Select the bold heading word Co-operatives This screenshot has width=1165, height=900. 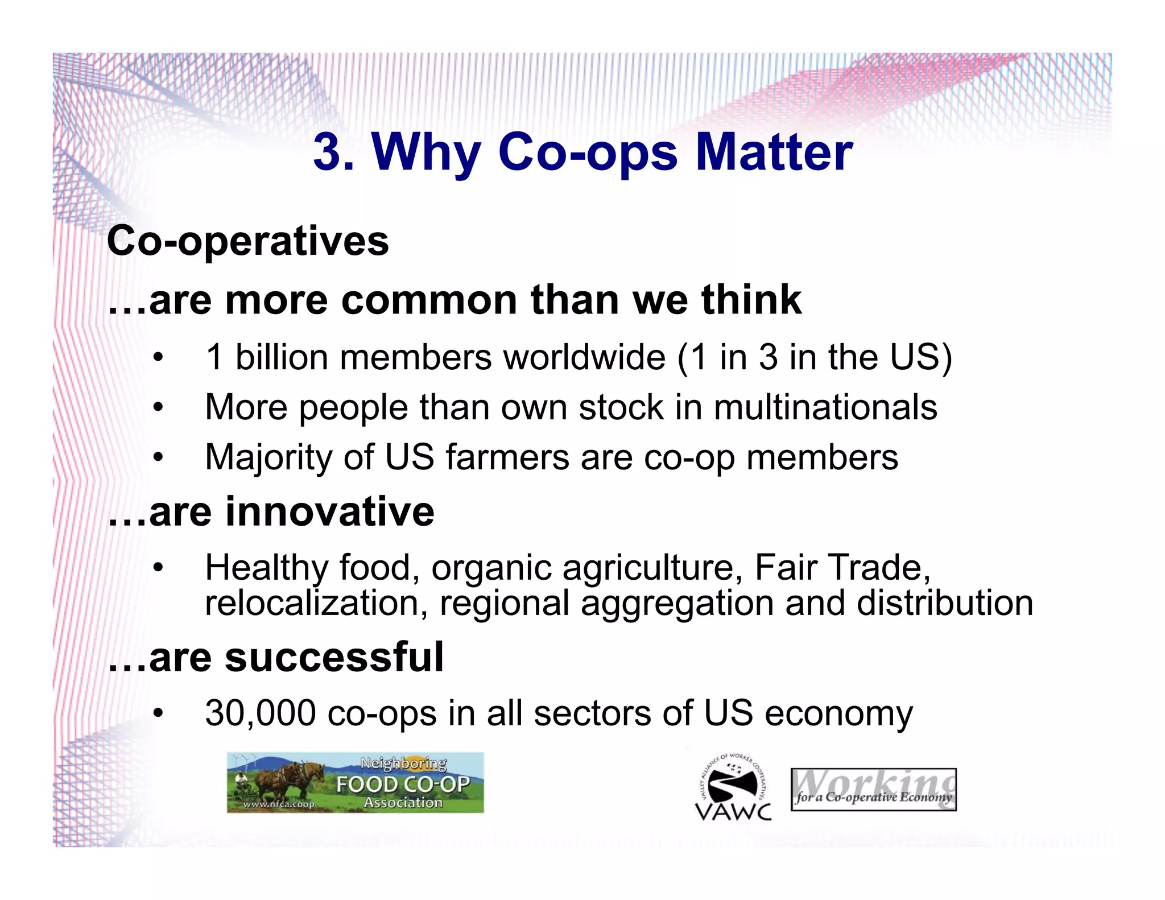click(248, 241)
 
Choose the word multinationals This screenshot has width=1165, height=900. click(825, 407)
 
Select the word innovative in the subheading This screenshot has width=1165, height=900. click(329, 511)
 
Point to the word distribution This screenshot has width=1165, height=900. click(944, 603)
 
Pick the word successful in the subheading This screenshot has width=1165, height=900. click(334, 657)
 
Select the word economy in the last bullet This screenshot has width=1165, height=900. click(838, 714)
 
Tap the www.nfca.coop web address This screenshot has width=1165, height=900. click(279, 804)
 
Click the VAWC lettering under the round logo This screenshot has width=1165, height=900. click(733, 811)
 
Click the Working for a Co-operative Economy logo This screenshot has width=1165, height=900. click(873, 790)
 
